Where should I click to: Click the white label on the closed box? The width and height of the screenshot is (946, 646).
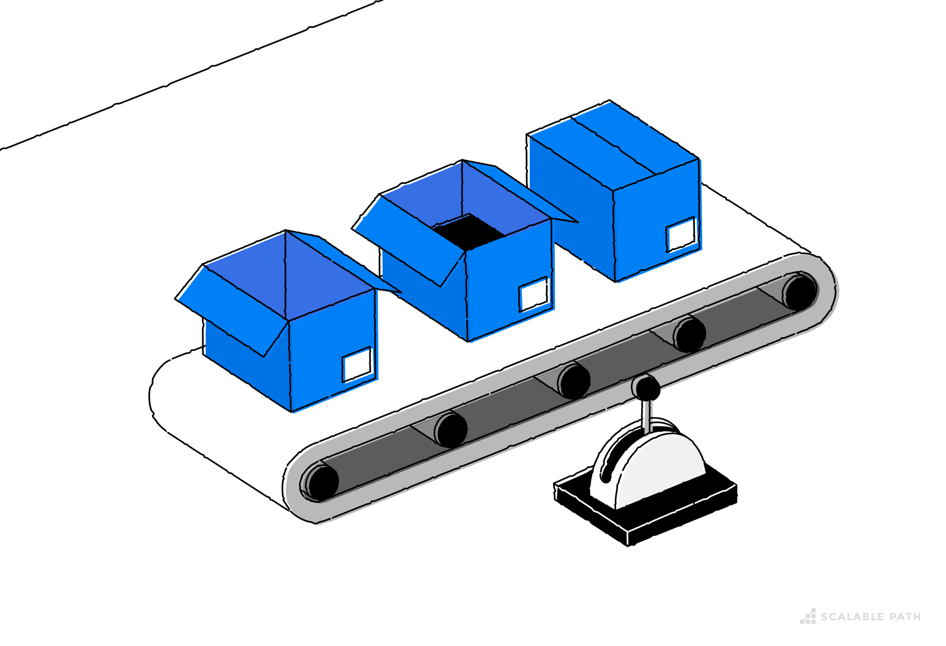(x=681, y=234)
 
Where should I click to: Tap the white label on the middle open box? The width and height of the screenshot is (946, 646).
(x=533, y=294)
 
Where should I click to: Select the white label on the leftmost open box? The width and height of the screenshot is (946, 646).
(x=357, y=364)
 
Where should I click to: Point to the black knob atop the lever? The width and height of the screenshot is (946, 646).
(x=646, y=388)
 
